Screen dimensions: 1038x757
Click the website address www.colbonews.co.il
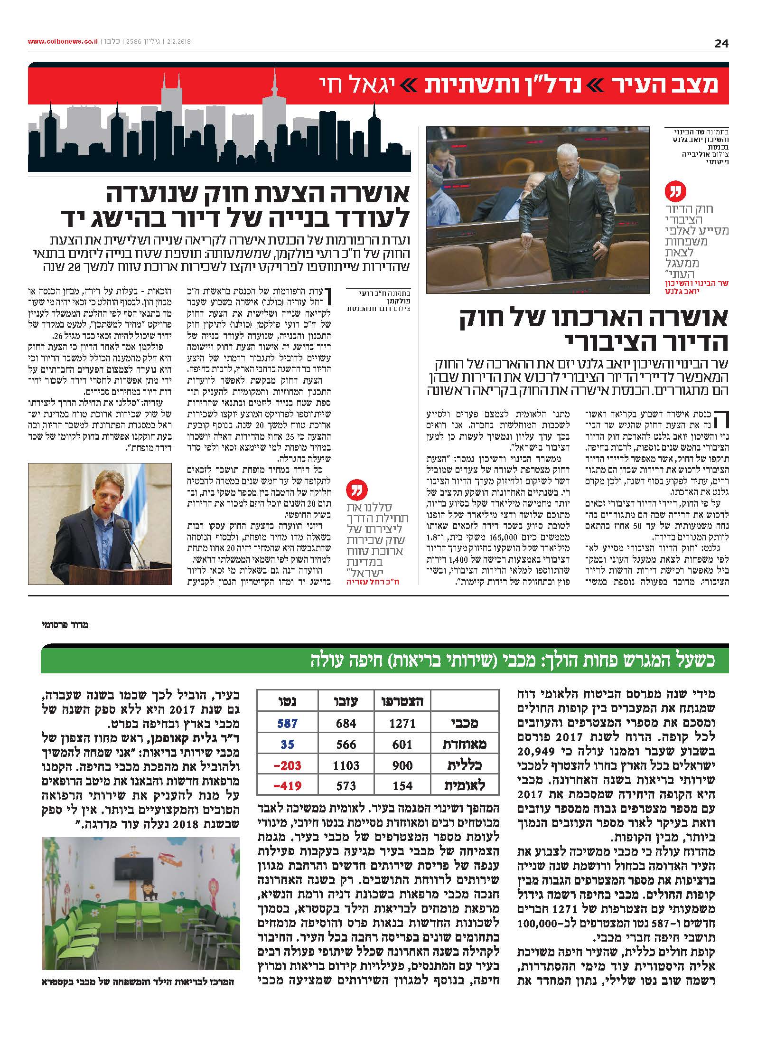pos(63,42)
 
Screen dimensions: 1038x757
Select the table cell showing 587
pos(287,723)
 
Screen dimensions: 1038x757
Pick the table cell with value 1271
pos(402,723)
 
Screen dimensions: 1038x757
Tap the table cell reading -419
pos(287,785)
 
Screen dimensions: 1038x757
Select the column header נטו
pos(287,701)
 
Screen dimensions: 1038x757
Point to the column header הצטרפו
pos(402,701)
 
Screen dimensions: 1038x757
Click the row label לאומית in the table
pos(464,785)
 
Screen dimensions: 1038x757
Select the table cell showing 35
pos(287,744)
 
